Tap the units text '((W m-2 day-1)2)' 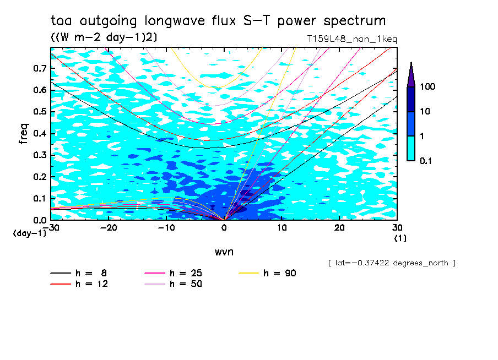tap(101, 37)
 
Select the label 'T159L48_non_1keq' tap(352, 39)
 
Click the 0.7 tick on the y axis tap(39, 68)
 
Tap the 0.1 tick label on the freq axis tap(39, 198)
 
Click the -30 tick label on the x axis tap(51, 227)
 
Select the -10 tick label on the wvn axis tap(166, 227)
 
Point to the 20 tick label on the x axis tap(339, 227)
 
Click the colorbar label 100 tap(428, 87)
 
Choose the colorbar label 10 tap(426, 112)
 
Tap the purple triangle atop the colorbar tap(411, 75)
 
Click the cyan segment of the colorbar tap(411, 148)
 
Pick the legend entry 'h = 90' tap(268, 273)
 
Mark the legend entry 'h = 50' tap(174, 284)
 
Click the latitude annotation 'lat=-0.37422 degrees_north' tap(392, 263)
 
